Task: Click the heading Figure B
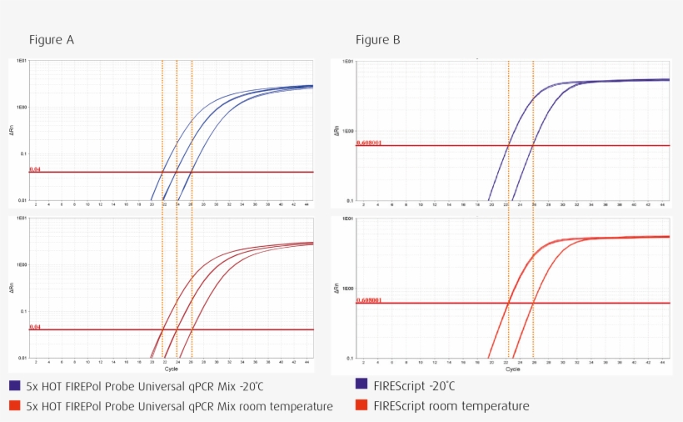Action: click(378, 40)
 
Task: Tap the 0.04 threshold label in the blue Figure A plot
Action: click(35, 169)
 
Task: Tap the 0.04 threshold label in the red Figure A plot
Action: click(35, 327)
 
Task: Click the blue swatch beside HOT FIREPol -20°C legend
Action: click(15, 387)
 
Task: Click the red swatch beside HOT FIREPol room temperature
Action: click(15, 406)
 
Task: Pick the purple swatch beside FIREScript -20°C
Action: click(361, 384)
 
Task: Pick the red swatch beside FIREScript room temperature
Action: click(361, 406)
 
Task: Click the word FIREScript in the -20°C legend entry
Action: click(400, 385)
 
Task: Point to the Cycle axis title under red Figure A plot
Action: click(171, 368)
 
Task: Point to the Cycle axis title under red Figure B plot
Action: click(513, 369)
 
